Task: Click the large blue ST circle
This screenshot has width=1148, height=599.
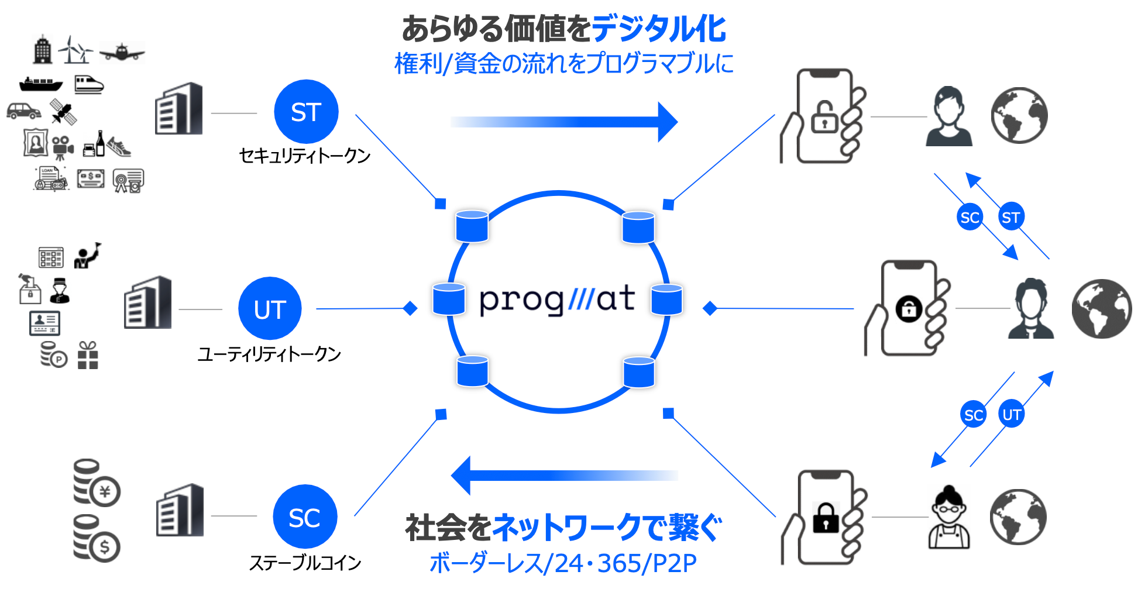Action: pyautogui.click(x=306, y=112)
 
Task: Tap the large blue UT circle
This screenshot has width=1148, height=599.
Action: pyautogui.click(x=270, y=308)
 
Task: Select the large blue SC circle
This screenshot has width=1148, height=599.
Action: pyautogui.click(x=304, y=517)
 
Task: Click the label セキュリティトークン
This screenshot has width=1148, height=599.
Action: pyautogui.click(x=305, y=156)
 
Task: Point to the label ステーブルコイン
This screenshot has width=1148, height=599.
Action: pyautogui.click(x=305, y=563)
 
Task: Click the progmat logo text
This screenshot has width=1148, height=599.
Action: pyautogui.click(x=557, y=299)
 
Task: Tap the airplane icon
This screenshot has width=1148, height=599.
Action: pyautogui.click(x=122, y=52)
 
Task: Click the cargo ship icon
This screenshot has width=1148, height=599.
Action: pyautogui.click(x=41, y=84)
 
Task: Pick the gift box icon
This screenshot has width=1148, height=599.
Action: pyautogui.click(x=88, y=356)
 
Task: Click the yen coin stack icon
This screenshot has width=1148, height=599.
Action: pyautogui.click(x=96, y=483)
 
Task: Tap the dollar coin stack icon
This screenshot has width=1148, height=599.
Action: pyautogui.click(x=96, y=539)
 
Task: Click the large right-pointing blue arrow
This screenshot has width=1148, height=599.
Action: pyautogui.click(x=564, y=122)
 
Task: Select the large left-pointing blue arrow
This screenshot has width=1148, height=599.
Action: pyautogui.click(x=564, y=475)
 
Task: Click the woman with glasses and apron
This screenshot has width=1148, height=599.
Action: pyautogui.click(x=948, y=518)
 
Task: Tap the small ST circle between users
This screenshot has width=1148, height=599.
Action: pyautogui.click(x=1010, y=217)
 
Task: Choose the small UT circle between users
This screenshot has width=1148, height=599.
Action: pyautogui.click(x=1012, y=414)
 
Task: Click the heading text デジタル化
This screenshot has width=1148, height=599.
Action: pyautogui.click(x=659, y=29)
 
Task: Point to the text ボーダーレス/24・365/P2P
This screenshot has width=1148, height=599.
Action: pyautogui.click(x=563, y=563)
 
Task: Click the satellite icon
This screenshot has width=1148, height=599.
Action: pyautogui.click(x=63, y=111)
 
